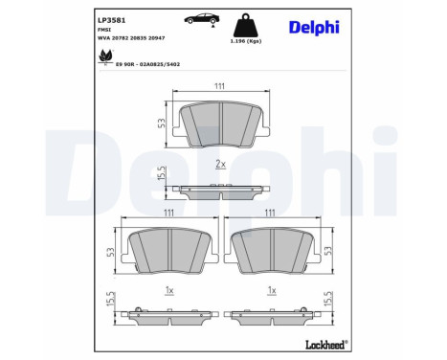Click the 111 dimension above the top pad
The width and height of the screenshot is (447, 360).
point(219,85)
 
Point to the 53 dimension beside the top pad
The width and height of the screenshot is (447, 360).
point(163,122)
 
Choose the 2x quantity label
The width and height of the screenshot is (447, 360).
point(219,165)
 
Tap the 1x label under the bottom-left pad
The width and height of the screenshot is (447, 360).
point(168,290)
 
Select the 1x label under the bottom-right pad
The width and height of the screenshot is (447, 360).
point(273,290)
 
